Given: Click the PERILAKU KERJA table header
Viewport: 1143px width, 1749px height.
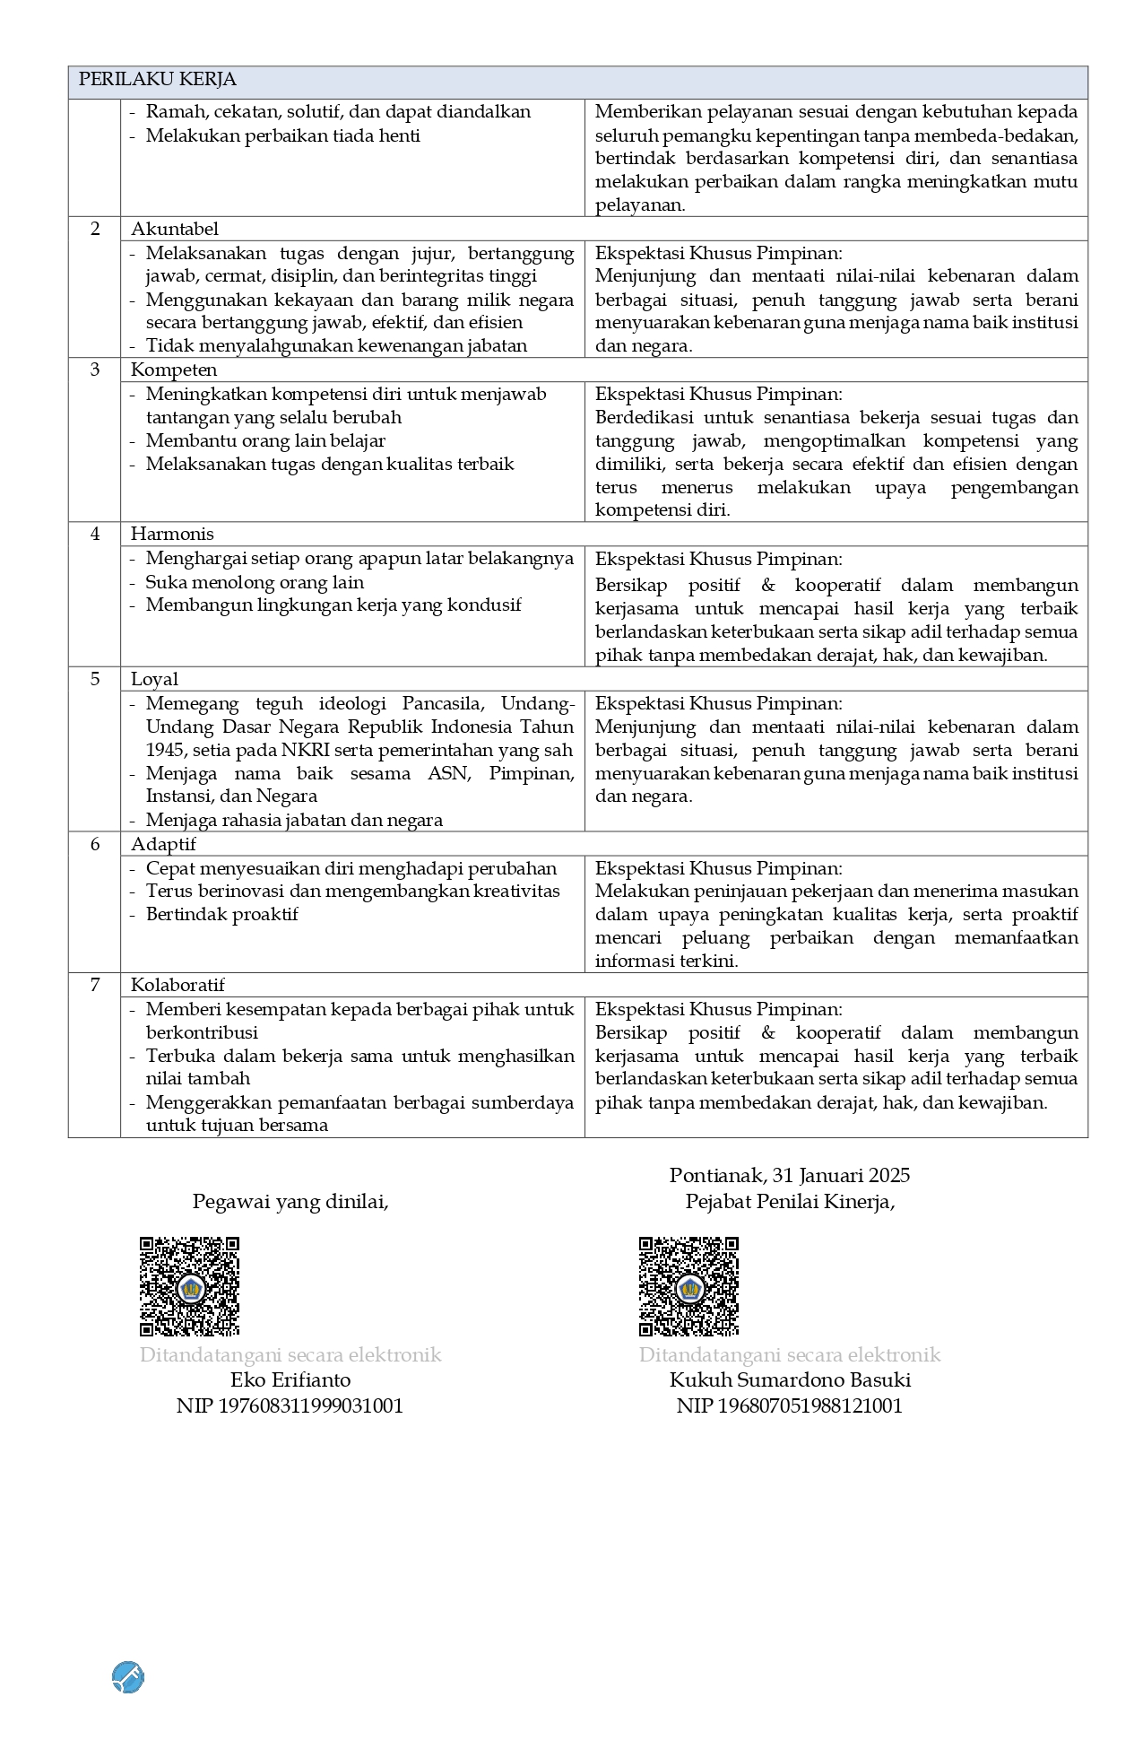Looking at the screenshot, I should coord(158,80).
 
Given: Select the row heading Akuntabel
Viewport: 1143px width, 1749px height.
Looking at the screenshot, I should coord(175,229).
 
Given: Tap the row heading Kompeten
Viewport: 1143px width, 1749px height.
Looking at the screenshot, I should coord(174,370).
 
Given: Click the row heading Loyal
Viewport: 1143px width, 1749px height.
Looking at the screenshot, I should coord(154,679).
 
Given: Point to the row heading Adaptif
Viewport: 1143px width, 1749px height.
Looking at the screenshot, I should coord(163,844).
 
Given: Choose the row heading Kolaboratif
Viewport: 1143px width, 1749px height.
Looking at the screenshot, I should coord(178,985).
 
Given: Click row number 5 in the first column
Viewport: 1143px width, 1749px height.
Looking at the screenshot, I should coord(95,679).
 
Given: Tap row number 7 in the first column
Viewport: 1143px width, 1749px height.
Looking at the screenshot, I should coord(95,985).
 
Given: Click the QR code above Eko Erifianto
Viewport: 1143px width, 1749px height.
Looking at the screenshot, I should coord(189,1286).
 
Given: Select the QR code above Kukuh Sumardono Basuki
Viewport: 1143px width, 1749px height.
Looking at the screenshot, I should coord(688,1286).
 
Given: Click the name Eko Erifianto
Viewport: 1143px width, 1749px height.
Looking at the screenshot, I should coord(290,1379).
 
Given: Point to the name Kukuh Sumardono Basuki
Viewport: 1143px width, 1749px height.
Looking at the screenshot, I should coord(790,1379).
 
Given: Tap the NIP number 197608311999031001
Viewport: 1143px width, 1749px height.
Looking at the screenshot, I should coord(290,1405).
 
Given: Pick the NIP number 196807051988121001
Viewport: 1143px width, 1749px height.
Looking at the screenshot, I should coord(789,1405).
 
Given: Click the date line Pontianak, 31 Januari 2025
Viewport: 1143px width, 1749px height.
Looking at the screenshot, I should coord(789,1175).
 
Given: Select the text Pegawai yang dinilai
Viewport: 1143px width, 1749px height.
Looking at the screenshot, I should coord(290,1201).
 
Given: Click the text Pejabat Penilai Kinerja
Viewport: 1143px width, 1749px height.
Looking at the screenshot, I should coord(790,1201).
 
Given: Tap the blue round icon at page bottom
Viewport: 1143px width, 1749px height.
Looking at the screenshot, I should coord(128,1676).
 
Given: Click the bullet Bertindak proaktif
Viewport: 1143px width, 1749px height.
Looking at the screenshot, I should coord(221,914).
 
